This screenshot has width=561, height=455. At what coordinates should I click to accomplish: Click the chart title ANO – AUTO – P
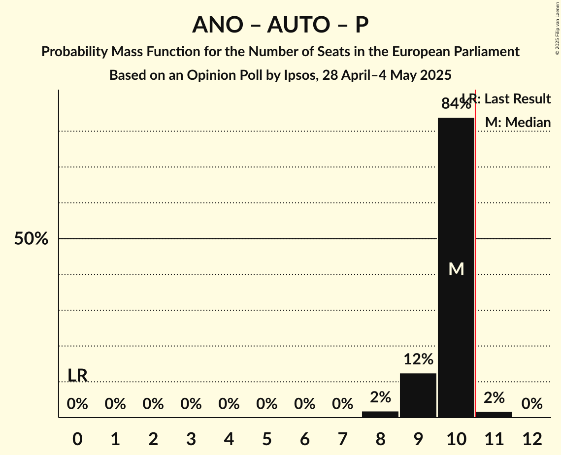click(x=280, y=25)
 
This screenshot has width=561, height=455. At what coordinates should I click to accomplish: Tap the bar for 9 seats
click(x=418, y=395)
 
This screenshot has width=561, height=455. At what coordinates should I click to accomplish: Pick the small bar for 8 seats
click(x=380, y=414)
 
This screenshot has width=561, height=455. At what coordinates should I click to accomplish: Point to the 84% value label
click(x=455, y=104)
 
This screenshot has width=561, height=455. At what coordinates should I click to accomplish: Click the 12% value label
click(x=418, y=359)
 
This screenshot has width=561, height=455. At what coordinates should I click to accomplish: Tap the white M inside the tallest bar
click(x=457, y=269)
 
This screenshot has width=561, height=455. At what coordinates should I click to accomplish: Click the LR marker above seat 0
click(x=77, y=375)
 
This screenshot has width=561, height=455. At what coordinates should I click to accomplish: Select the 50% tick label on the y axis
click(x=31, y=239)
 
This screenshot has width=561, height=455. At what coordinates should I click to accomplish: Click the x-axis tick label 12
click(x=532, y=439)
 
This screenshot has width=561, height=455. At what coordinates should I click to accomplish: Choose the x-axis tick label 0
click(x=77, y=439)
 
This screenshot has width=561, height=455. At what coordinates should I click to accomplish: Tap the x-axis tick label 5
click(x=267, y=439)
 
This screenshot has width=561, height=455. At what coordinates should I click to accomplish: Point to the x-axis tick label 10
click(x=456, y=439)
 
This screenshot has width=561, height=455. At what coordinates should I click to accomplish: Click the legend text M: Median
click(x=518, y=123)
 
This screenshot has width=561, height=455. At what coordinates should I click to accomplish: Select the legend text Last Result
click(x=518, y=99)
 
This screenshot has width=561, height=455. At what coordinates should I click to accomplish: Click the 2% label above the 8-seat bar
click(x=380, y=397)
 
